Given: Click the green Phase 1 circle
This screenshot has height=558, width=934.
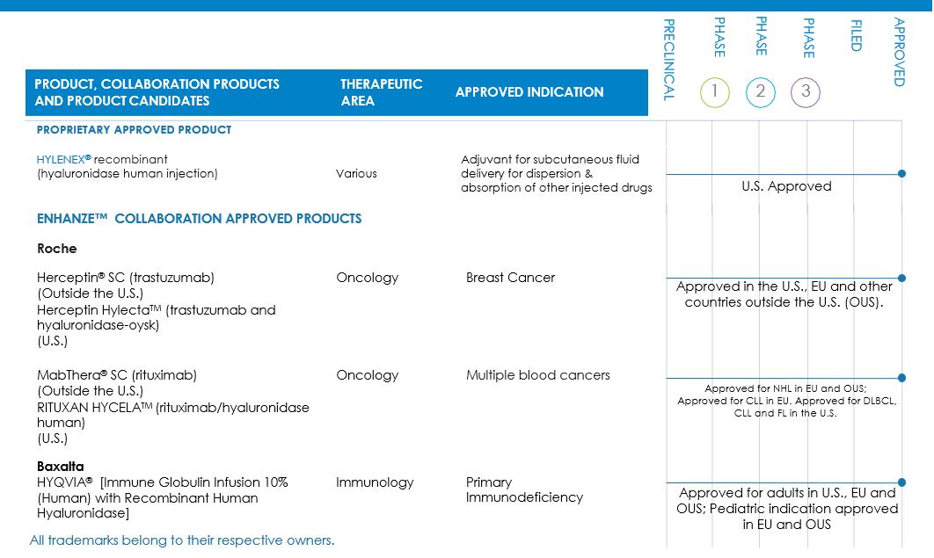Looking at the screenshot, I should click(x=715, y=92).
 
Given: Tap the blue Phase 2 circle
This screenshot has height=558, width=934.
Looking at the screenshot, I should click(x=761, y=92).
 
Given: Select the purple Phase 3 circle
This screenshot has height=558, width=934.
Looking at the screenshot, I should click(x=806, y=92).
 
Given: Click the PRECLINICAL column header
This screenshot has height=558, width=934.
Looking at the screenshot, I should click(x=668, y=59).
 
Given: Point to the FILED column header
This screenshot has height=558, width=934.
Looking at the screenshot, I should click(x=856, y=35).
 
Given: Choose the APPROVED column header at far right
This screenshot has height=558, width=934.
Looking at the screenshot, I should click(x=899, y=52).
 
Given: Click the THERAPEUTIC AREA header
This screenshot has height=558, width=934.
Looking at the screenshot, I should click(x=381, y=92).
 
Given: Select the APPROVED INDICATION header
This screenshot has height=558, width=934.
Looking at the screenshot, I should click(x=529, y=92).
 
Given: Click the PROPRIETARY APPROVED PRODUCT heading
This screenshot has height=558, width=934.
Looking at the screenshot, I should click(x=134, y=130).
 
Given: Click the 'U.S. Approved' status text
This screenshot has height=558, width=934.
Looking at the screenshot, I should click(x=786, y=186).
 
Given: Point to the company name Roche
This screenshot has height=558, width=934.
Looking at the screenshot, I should click(x=56, y=249).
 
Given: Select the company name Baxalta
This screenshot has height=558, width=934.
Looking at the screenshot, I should click(x=61, y=467).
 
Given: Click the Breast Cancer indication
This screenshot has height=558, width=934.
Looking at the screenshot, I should click(x=510, y=278).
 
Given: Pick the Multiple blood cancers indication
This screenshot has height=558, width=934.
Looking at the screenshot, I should click(x=537, y=375).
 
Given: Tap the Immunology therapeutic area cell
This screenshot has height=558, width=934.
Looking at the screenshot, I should click(x=374, y=482).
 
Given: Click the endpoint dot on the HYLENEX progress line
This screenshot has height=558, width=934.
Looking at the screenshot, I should click(x=901, y=174).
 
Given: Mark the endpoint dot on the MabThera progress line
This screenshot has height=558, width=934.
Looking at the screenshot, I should click(x=901, y=378).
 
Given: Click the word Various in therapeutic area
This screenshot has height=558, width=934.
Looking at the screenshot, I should click(x=356, y=174).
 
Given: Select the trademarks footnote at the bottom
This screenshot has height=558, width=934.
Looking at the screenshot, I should click(x=182, y=540).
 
